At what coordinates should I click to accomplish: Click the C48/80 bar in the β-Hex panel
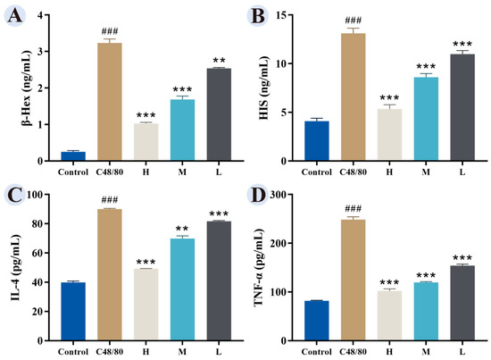(x=110, y=102)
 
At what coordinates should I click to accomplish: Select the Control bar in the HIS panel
(x=317, y=141)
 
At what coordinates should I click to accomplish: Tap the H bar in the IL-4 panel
(x=146, y=305)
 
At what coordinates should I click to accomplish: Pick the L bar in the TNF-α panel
(x=462, y=303)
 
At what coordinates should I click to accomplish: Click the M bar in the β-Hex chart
(x=182, y=130)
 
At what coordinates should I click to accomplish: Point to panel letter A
(x=14, y=16)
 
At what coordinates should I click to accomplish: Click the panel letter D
(x=258, y=196)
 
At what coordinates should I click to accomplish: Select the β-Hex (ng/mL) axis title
(x=28, y=88)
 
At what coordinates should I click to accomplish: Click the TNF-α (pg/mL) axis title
(x=259, y=267)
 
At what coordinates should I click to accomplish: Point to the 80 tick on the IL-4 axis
(x=38, y=223)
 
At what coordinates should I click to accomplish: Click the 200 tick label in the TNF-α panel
(x=279, y=243)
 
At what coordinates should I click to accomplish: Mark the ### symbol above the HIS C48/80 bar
(x=354, y=21)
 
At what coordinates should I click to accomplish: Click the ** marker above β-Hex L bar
(x=219, y=60)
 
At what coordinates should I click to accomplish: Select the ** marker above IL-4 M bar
(x=182, y=229)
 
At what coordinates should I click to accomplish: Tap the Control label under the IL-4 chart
(x=73, y=352)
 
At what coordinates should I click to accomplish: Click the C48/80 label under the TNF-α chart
(x=353, y=352)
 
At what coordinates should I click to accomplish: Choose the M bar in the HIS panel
(x=426, y=119)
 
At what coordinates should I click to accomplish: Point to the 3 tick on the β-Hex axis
(x=41, y=52)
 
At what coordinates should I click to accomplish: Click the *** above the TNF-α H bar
(x=389, y=282)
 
